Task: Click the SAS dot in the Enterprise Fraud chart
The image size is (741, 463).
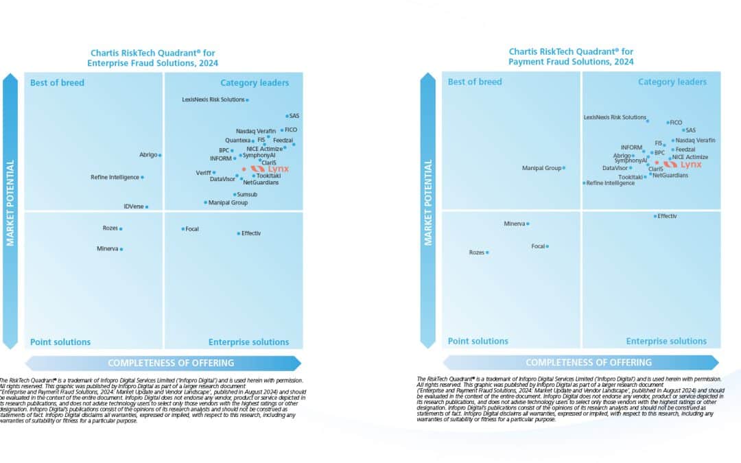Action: (287, 116)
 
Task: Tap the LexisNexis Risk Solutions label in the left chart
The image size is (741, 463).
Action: (213, 99)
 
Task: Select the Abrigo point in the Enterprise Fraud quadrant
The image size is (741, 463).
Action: (160, 155)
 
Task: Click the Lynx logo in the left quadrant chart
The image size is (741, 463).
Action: (270, 168)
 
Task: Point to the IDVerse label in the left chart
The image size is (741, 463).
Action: (133, 206)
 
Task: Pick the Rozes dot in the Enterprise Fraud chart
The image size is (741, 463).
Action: (121, 228)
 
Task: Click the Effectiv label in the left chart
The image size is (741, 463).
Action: (251, 233)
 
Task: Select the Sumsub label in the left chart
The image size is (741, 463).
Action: (247, 195)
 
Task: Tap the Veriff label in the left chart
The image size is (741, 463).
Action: (203, 172)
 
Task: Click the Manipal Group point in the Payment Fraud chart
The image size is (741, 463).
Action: (564, 167)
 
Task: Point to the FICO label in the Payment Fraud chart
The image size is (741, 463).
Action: (677, 122)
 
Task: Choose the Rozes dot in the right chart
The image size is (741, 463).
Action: (487, 252)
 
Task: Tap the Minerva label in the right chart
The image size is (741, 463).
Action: (515, 224)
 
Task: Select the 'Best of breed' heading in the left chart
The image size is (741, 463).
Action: (57, 83)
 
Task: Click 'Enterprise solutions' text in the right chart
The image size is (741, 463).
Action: (666, 341)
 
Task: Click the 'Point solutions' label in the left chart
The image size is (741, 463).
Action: (60, 342)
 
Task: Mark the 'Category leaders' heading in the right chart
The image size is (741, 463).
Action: (672, 82)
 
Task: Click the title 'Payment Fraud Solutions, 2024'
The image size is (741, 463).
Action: (571, 62)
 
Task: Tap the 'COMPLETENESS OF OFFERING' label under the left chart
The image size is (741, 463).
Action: (171, 363)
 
